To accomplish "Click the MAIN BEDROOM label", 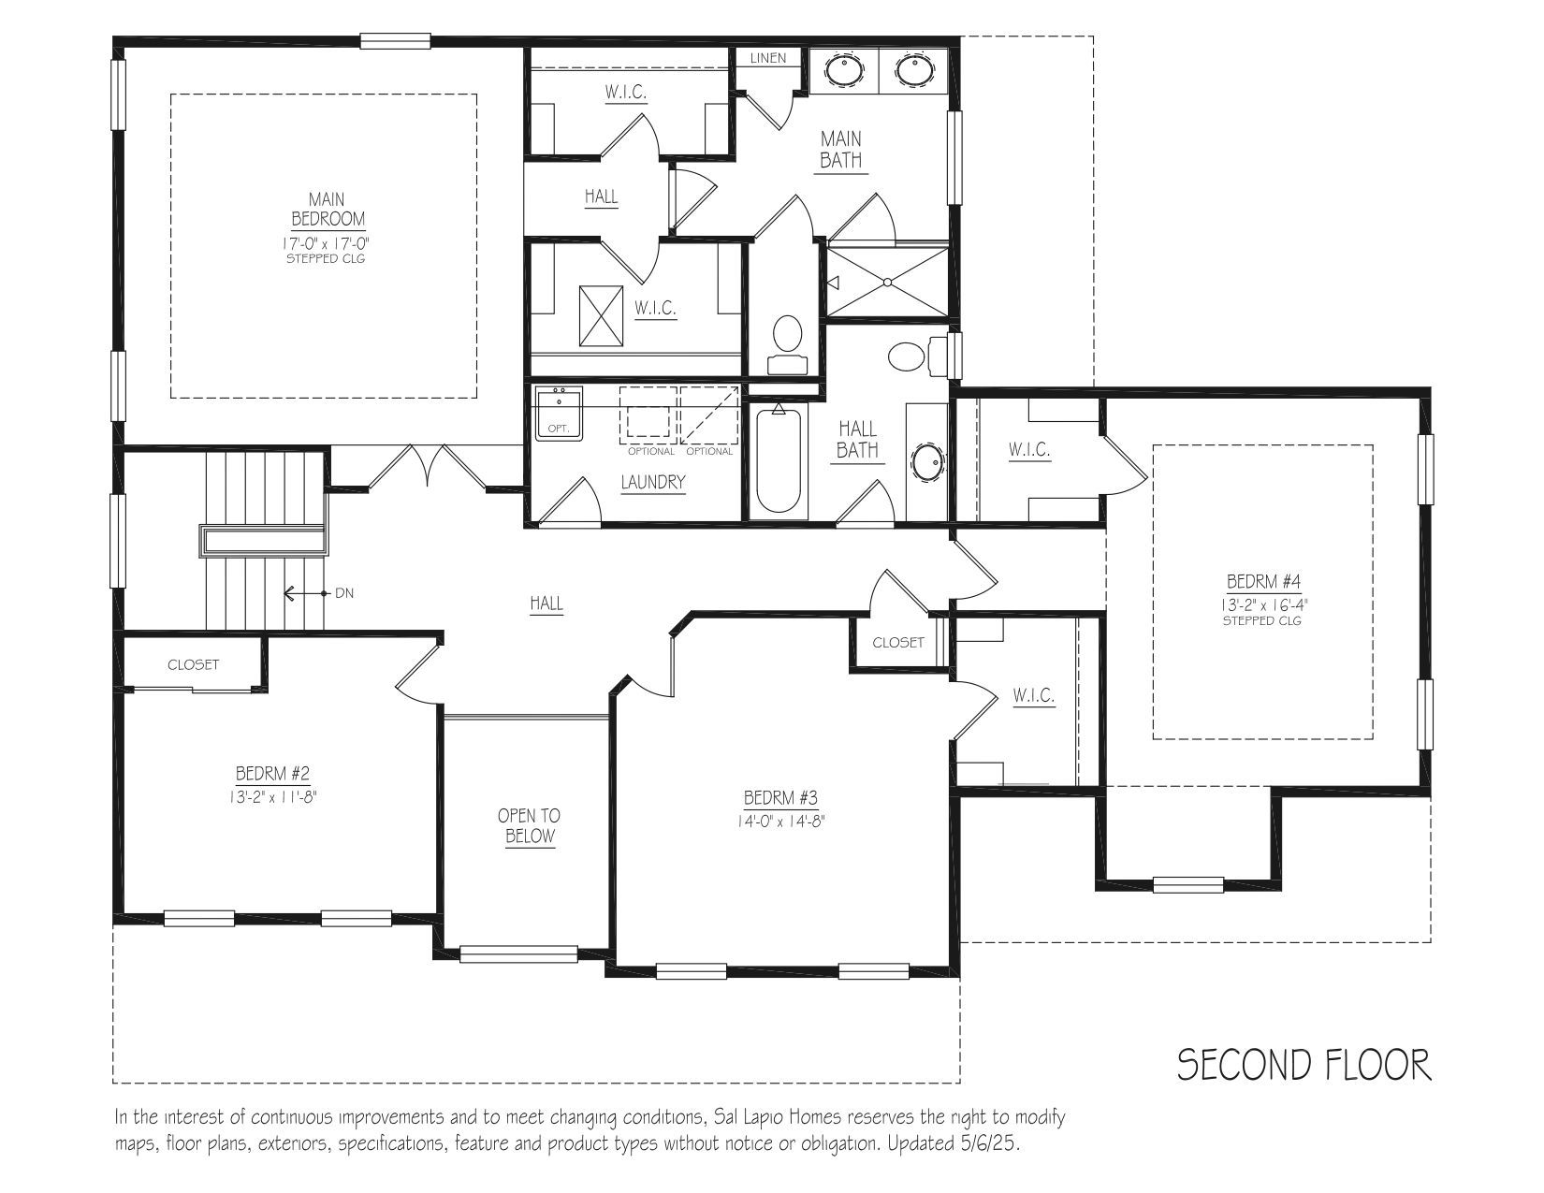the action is [x=328, y=209].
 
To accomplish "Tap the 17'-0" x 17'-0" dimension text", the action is [x=327, y=243].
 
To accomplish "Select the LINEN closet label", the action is [x=768, y=58].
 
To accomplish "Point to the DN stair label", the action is [x=344, y=592].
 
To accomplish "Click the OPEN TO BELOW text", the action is [x=530, y=825].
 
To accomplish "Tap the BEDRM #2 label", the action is [x=273, y=773].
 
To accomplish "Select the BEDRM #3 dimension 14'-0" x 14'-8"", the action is [x=780, y=822].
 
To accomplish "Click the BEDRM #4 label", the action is [x=1263, y=581].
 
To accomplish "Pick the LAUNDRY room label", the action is [x=653, y=482].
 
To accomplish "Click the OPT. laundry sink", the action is [x=559, y=414].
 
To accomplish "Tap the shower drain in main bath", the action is [x=887, y=282].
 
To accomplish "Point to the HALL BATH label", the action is [x=857, y=439].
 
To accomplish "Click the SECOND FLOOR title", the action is [x=1304, y=1066].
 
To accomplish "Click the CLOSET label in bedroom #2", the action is [x=194, y=664].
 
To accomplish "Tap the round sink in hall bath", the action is [x=927, y=463].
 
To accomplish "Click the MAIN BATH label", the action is [x=841, y=149].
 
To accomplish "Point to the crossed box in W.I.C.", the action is [x=601, y=316].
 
